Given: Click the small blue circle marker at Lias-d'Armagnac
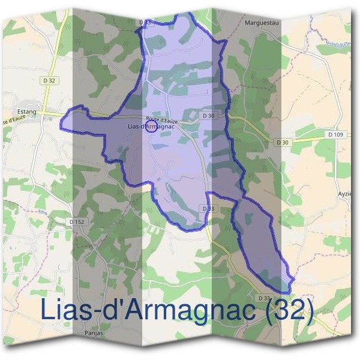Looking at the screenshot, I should [x=152, y=128].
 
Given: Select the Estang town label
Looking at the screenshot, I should [x=28, y=112].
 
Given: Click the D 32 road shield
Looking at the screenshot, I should [x=50, y=80].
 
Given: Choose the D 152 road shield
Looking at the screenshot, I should [x=77, y=222].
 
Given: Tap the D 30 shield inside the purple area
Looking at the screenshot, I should [x=208, y=115].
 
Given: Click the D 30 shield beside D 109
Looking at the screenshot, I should [x=283, y=142].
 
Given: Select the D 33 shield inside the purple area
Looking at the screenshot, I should [x=208, y=208].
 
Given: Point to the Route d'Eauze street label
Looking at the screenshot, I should [x=161, y=120].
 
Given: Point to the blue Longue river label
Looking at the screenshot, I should [x=339, y=43].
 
